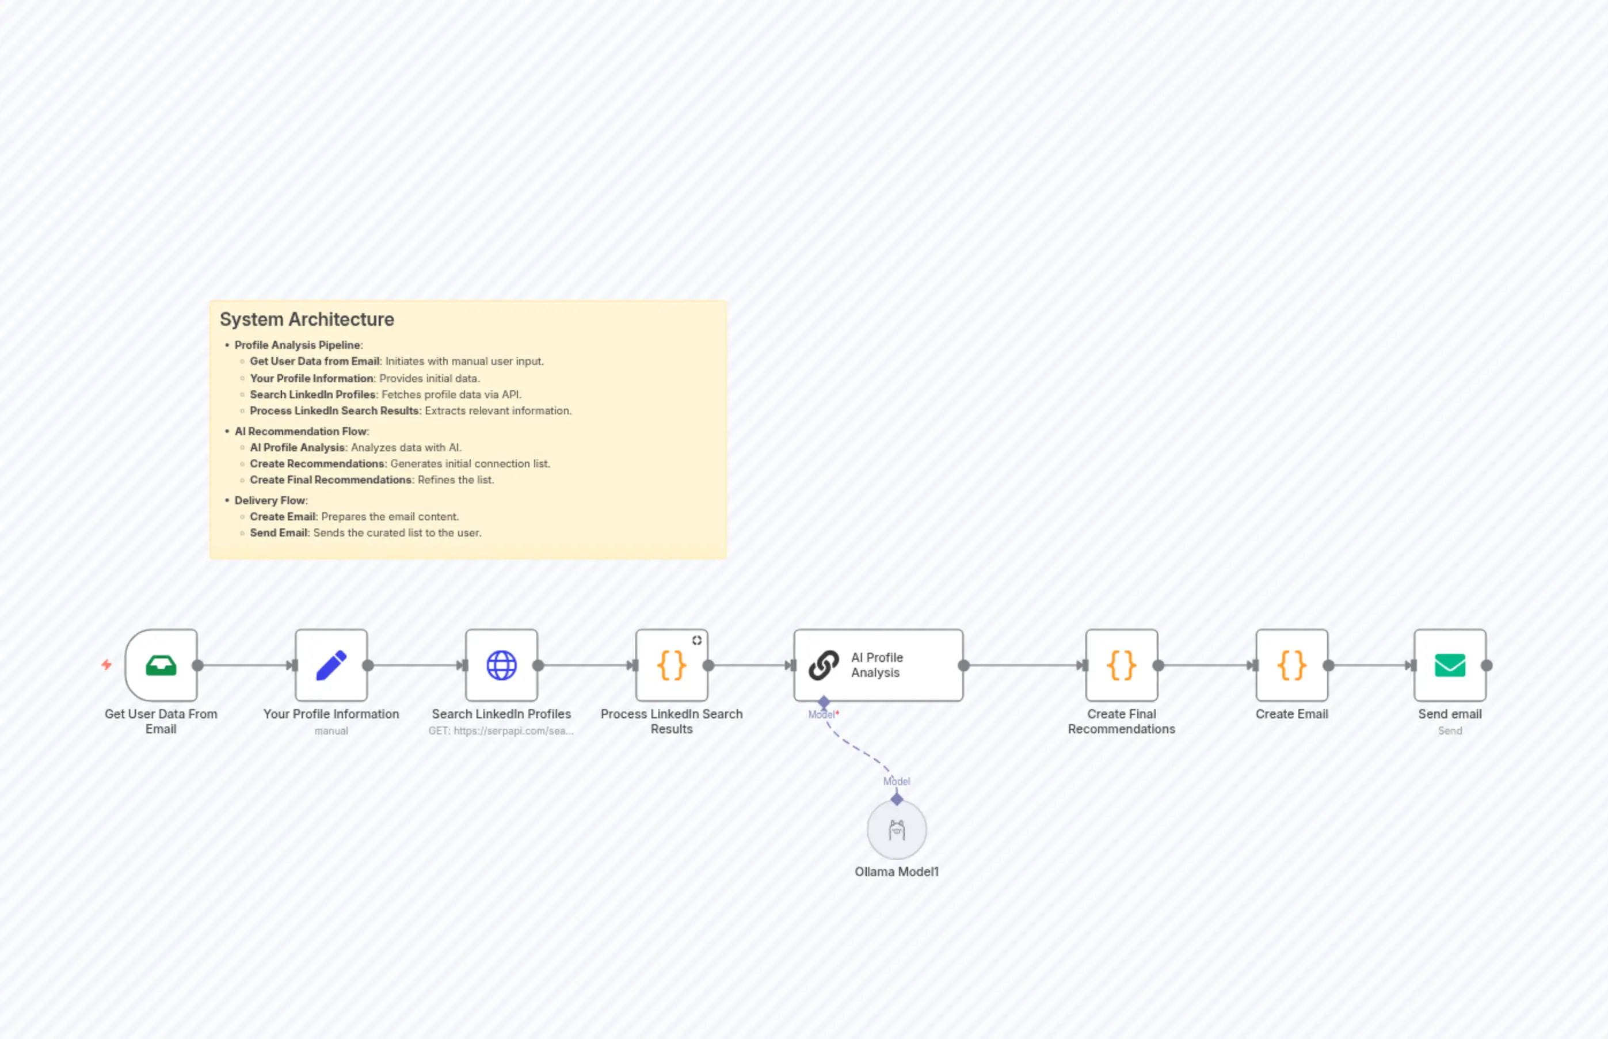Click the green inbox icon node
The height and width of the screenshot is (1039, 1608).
(161, 665)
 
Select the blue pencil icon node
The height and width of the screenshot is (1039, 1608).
(331, 665)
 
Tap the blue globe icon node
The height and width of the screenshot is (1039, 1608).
(501, 665)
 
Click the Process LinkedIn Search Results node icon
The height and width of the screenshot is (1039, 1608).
(671, 665)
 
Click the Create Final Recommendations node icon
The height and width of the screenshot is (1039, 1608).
(1121, 665)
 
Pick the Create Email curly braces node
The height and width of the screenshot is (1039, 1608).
(1291, 665)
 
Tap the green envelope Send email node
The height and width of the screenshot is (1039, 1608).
(1450, 665)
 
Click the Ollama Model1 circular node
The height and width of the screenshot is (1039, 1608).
(897, 831)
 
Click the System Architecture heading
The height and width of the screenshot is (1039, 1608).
(307, 319)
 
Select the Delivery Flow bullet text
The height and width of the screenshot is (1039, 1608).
(270, 500)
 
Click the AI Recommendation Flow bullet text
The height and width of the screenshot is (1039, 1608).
(302, 431)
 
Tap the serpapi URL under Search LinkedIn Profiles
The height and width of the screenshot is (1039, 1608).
(501, 730)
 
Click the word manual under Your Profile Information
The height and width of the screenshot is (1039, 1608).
(331, 730)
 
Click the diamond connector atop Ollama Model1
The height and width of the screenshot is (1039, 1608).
(897, 800)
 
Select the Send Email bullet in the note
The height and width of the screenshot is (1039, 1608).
(365, 532)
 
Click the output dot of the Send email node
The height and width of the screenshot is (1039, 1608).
(1487, 665)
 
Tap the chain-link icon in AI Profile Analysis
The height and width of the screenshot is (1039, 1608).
(824, 665)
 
